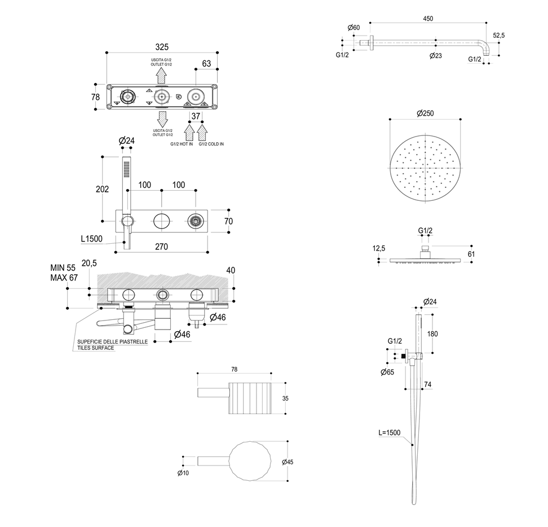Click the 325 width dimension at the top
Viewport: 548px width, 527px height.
click(162, 47)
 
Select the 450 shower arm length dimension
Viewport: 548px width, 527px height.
click(428, 19)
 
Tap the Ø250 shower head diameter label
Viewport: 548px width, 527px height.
click(425, 113)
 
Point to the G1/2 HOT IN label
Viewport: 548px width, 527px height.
click(182, 144)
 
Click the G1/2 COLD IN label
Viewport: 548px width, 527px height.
click(211, 144)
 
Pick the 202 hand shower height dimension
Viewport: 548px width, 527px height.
click(102, 190)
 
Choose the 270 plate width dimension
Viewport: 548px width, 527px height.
click(162, 247)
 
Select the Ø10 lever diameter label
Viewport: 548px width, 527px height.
click(183, 473)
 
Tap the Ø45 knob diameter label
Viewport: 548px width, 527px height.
click(288, 462)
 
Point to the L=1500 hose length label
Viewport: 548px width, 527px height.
click(389, 433)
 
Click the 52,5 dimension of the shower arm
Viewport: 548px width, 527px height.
click(498, 35)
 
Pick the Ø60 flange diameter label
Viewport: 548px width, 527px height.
click(353, 28)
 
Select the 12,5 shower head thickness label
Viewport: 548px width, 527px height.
click(379, 248)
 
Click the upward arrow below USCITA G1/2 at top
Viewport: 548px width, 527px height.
click(162, 74)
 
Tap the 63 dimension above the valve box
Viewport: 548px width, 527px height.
click(206, 64)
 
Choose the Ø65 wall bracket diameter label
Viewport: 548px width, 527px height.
click(387, 372)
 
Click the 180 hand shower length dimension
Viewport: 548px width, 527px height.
click(432, 333)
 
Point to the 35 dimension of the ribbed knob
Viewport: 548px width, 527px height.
click(286, 397)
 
